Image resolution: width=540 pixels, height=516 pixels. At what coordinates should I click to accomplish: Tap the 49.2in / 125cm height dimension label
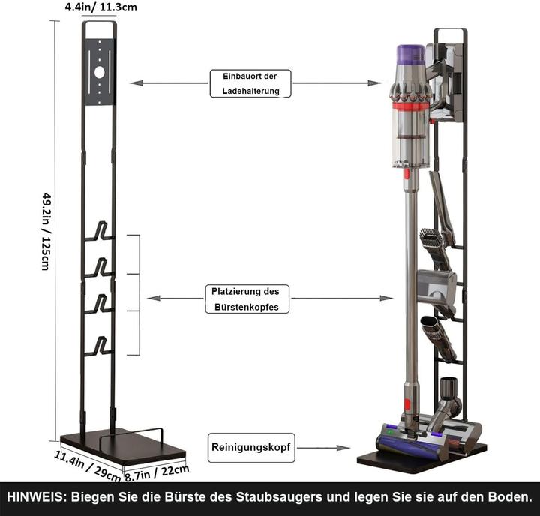click(46, 231)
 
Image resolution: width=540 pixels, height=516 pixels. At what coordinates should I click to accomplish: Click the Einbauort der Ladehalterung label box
click(250, 83)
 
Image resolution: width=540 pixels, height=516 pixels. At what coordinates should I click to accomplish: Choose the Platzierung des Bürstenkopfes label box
click(246, 298)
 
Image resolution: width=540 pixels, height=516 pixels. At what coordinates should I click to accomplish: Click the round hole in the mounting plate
click(99, 72)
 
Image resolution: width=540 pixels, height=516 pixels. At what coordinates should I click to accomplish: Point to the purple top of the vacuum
click(410, 55)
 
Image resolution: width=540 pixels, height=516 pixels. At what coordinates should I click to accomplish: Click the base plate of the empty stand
click(124, 448)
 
